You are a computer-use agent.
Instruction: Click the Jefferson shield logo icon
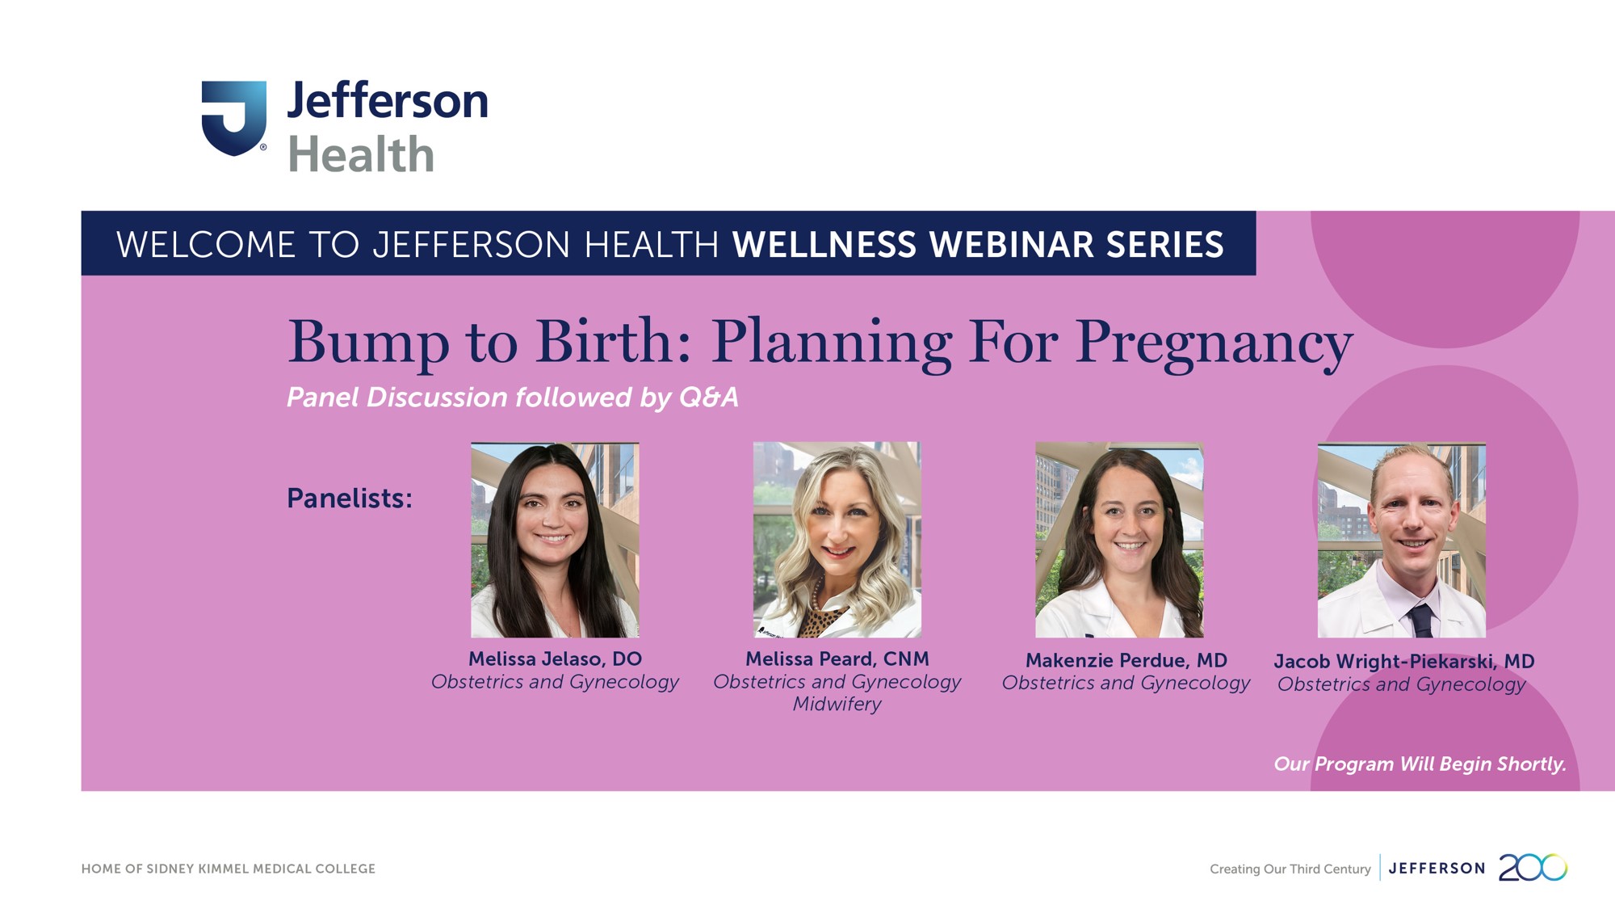[x=233, y=118]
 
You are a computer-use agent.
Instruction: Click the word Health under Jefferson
[x=361, y=154]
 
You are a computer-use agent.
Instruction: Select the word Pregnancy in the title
[x=1214, y=343]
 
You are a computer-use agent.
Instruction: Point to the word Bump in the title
[x=368, y=343]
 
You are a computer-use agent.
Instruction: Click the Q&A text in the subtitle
[x=708, y=397]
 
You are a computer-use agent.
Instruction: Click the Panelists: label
[x=350, y=498]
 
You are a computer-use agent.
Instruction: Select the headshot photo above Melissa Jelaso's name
[x=555, y=540]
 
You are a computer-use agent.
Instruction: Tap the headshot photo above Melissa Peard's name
[x=837, y=540]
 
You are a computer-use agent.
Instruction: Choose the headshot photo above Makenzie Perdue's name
[x=1119, y=540]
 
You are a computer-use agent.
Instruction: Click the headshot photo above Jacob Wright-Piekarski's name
[x=1402, y=541]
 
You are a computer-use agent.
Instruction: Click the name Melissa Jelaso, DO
[x=556, y=659]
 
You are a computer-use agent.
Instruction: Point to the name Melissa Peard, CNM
[x=837, y=659]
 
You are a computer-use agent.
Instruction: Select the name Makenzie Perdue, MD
[x=1126, y=660]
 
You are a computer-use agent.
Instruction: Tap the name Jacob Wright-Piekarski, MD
[x=1404, y=662]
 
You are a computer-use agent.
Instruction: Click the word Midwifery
[x=837, y=705]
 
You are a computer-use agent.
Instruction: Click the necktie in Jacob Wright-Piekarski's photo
[x=1420, y=621]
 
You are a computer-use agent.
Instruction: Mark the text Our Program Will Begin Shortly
[x=1420, y=764]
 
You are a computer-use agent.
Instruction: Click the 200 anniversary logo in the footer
[x=1533, y=868]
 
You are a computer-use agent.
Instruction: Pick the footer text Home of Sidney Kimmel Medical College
[x=229, y=869]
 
